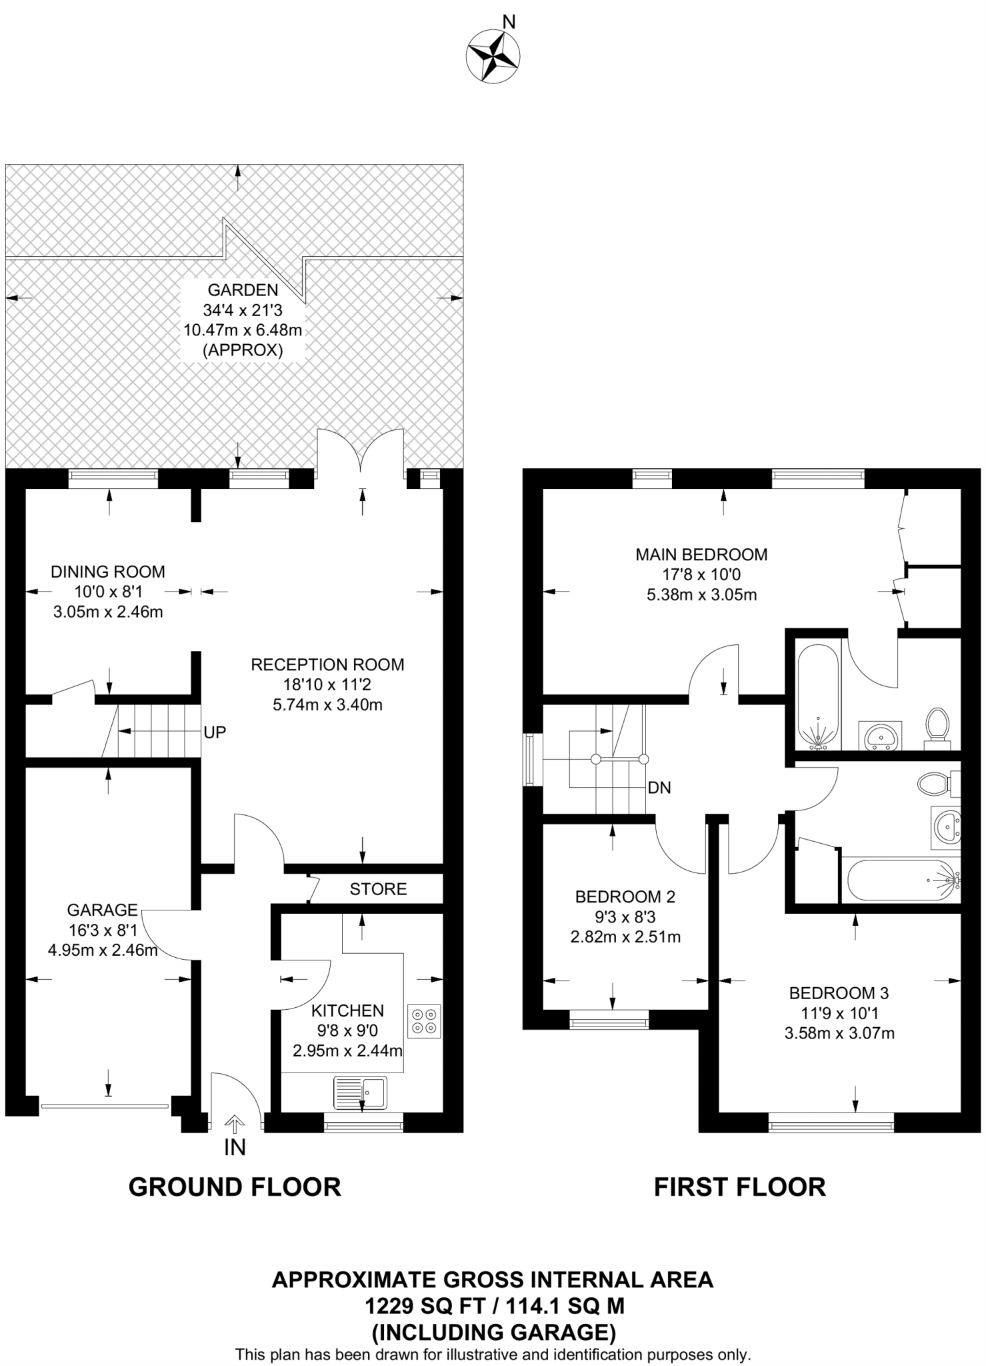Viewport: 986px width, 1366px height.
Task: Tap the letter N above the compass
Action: coord(509,23)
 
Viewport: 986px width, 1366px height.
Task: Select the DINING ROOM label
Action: coord(108,572)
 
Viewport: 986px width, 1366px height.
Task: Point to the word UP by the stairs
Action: coord(215,732)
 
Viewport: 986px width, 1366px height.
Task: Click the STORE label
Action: coord(378,889)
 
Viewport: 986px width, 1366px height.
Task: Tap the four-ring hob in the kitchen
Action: coord(424,1021)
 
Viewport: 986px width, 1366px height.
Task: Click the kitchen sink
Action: coord(360,1093)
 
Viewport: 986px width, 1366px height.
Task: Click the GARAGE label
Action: coord(102,910)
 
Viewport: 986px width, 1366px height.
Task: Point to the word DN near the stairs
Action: coord(659,788)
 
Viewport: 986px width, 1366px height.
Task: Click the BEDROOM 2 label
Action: coord(625,897)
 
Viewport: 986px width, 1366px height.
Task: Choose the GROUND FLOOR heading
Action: coord(235,1187)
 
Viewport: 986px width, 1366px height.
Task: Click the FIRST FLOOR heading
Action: coord(739,1187)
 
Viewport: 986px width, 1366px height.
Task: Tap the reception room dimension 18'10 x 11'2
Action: coord(327,684)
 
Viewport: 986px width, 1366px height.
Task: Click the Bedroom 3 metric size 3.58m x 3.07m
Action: coord(839,1034)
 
